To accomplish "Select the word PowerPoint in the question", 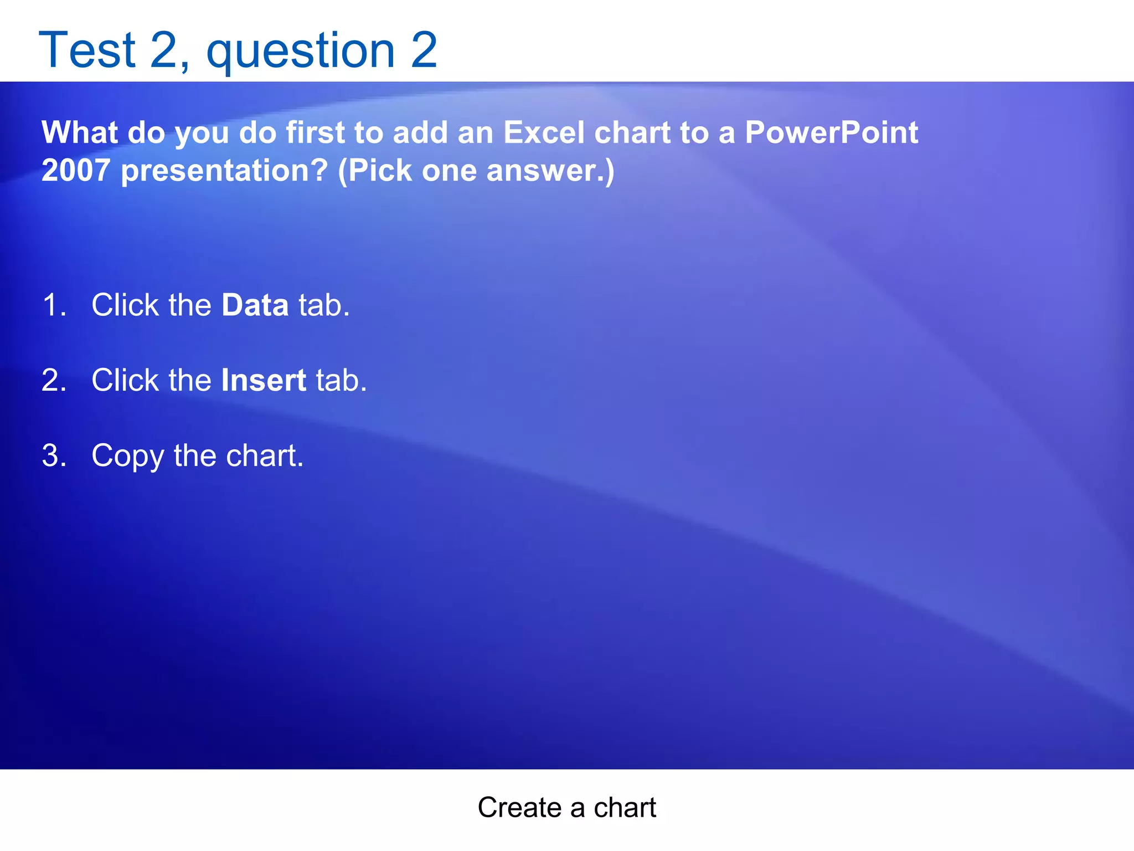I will [x=831, y=132].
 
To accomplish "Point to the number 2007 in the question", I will [x=76, y=170].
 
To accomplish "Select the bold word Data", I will [x=255, y=305].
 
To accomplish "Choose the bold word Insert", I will [x=264, y=380].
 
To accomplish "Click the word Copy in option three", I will [x=127, y=457].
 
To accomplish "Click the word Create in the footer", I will [x=519, y=807].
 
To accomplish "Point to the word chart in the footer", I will [x=625, y=807].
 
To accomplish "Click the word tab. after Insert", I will [x=341, y=380].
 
